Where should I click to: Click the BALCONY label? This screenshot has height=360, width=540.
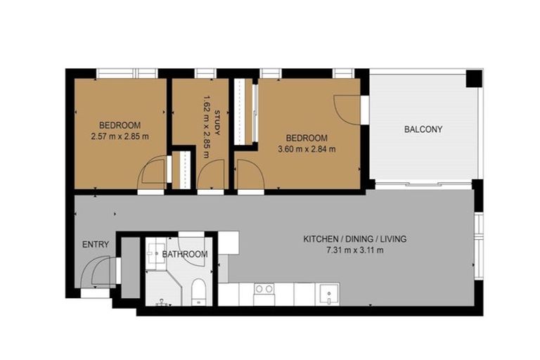coord(423,129)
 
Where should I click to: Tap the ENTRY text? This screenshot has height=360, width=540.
coord(96,245)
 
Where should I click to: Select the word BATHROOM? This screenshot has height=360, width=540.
coord(185,254)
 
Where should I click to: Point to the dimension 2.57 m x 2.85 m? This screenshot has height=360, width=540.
coord(120,136)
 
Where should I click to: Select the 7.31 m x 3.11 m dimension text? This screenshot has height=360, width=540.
coord(354,250)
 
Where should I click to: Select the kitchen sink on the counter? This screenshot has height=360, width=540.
coord(328,292)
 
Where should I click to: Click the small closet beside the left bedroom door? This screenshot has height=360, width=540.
coord(181,169)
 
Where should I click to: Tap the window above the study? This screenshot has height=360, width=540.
coord(205,73)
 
